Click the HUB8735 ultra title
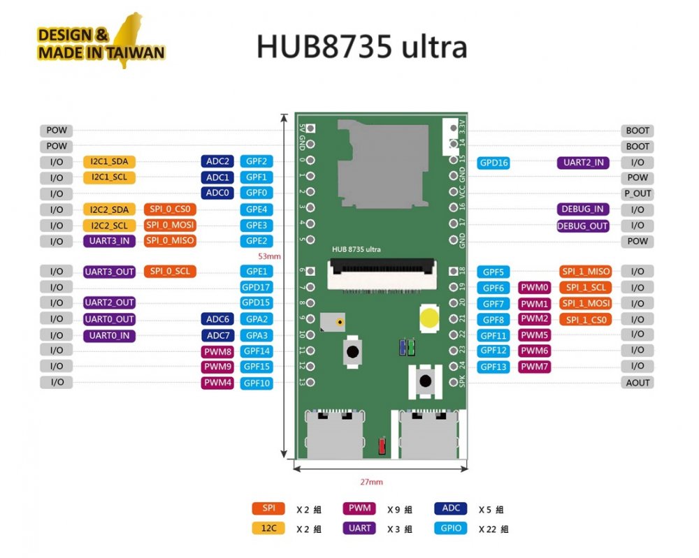[361, 47]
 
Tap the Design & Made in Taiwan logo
[101, 43]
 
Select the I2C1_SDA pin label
[109, 161]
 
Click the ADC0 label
[217, 193]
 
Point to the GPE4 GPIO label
[256, 209]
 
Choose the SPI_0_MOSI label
[170, 225]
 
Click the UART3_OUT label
[109, 272]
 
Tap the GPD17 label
[256, 287]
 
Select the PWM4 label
[217, 383]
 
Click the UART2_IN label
[582, 163]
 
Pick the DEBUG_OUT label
[582, 226]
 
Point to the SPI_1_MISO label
[585, 272]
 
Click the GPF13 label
[493, 367]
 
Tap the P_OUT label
[637, 193]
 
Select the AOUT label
[637, 383]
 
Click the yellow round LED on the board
[430, 318]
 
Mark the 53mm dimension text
[269, 256]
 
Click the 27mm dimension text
[370, 482]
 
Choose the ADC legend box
[451, 508]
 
